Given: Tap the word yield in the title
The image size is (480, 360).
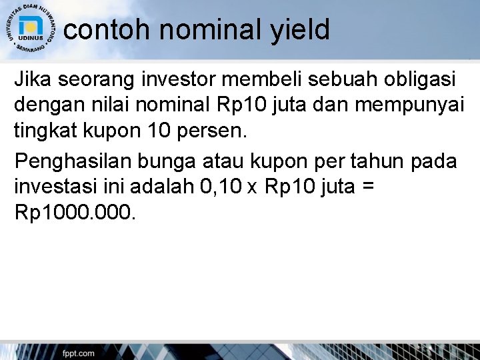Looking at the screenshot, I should [301, 29].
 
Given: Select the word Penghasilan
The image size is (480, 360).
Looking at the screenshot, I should [76, 161].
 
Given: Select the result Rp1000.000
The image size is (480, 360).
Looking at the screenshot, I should [73, 212].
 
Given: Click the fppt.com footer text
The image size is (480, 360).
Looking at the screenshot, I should [79, 353].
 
